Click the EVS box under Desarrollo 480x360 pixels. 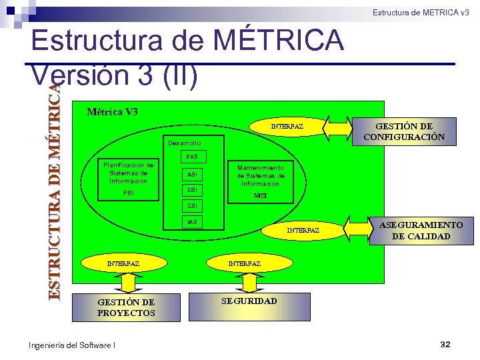tap(192, 157)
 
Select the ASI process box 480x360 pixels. tap(192, 174)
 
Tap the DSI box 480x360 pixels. tap(192, 191)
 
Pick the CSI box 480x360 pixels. tap(192, 206)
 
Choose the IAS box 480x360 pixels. tap(192, 221)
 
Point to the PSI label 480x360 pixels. tap(129, 193)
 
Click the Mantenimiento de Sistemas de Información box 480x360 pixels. tap(261, 176)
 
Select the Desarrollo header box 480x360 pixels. tap(185, 143)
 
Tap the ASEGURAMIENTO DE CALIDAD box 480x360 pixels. tap(421, 231)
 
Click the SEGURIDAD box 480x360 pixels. tap(249, 301)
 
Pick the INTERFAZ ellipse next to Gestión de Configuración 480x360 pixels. tap(287, 126)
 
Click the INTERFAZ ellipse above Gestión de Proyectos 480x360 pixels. tap(123, 264)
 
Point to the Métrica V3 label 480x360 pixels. tap(113, 111)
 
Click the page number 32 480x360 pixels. tap(445, 345)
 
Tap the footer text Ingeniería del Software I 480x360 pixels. tap(72, 345)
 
